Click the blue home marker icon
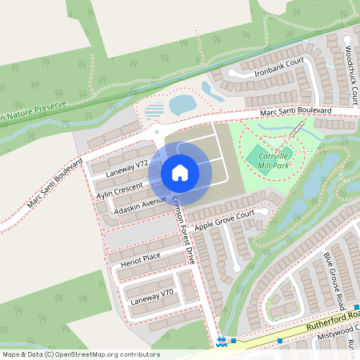(180, 172)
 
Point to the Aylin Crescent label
(119, 191)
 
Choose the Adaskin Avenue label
(140, 205)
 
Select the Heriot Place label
(141, 258)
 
